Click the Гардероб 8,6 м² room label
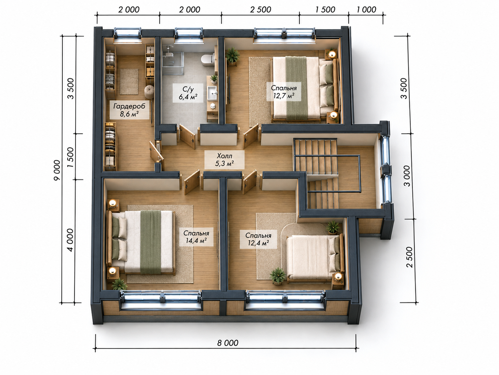(129, 110)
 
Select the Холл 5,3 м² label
(224, 160)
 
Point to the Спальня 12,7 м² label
(284, 92)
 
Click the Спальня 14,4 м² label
(196, 237)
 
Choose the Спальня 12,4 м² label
(258, 239)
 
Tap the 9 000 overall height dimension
(57, 170)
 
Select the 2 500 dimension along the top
(261, 10)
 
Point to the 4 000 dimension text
(71, 240)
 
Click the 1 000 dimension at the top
(366, 10)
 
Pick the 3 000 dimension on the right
(407, 176)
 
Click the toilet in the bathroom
(207, 59)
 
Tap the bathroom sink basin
(212, 93)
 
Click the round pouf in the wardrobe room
(149, 92)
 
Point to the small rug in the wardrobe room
(129, 81)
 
